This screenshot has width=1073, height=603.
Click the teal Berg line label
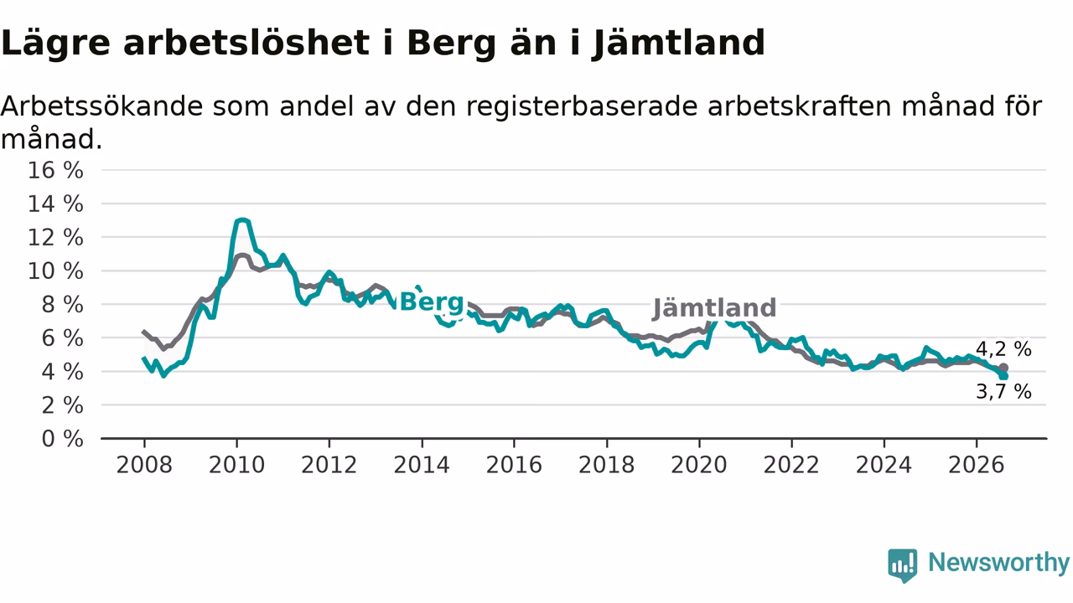[x=432, y=302]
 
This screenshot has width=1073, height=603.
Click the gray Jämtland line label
[x=714, y=307]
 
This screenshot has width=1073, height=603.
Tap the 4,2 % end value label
[x=1003, y=349]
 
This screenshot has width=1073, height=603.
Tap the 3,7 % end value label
[x=1003, y=391]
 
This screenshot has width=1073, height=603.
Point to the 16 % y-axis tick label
[x=55, y=170]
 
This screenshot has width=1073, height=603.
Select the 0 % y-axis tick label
[x=63, y=439]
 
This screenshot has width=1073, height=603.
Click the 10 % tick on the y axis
[x=55, y=271]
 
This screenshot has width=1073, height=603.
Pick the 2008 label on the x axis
[x=144, y=465]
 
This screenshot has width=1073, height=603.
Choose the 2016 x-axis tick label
[x=514, y=465]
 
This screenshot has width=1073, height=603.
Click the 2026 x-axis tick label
[x=977, y=465]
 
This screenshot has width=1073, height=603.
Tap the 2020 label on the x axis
[x=699, y=465]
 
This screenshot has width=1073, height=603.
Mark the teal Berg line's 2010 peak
[x=243, y=220]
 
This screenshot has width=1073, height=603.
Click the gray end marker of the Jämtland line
[x=1003, y=368]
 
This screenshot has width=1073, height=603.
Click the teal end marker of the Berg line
[x=1003, y=376]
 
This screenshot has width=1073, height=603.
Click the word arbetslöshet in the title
[x=246, y=43]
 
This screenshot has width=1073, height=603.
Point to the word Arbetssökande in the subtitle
[x=102, y=106]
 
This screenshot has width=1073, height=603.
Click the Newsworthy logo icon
[x=903, y=565]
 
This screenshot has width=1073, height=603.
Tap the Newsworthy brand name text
[x=998, y=563]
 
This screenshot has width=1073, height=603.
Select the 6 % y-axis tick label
[x=63, y=338]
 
